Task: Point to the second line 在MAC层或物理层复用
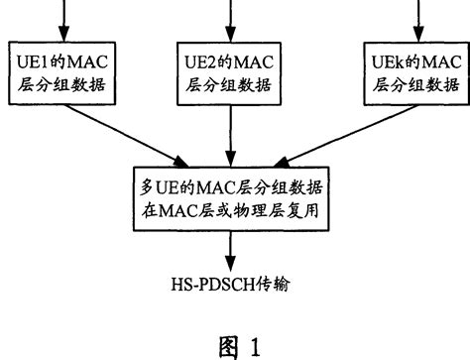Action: click(x=233, y=211)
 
